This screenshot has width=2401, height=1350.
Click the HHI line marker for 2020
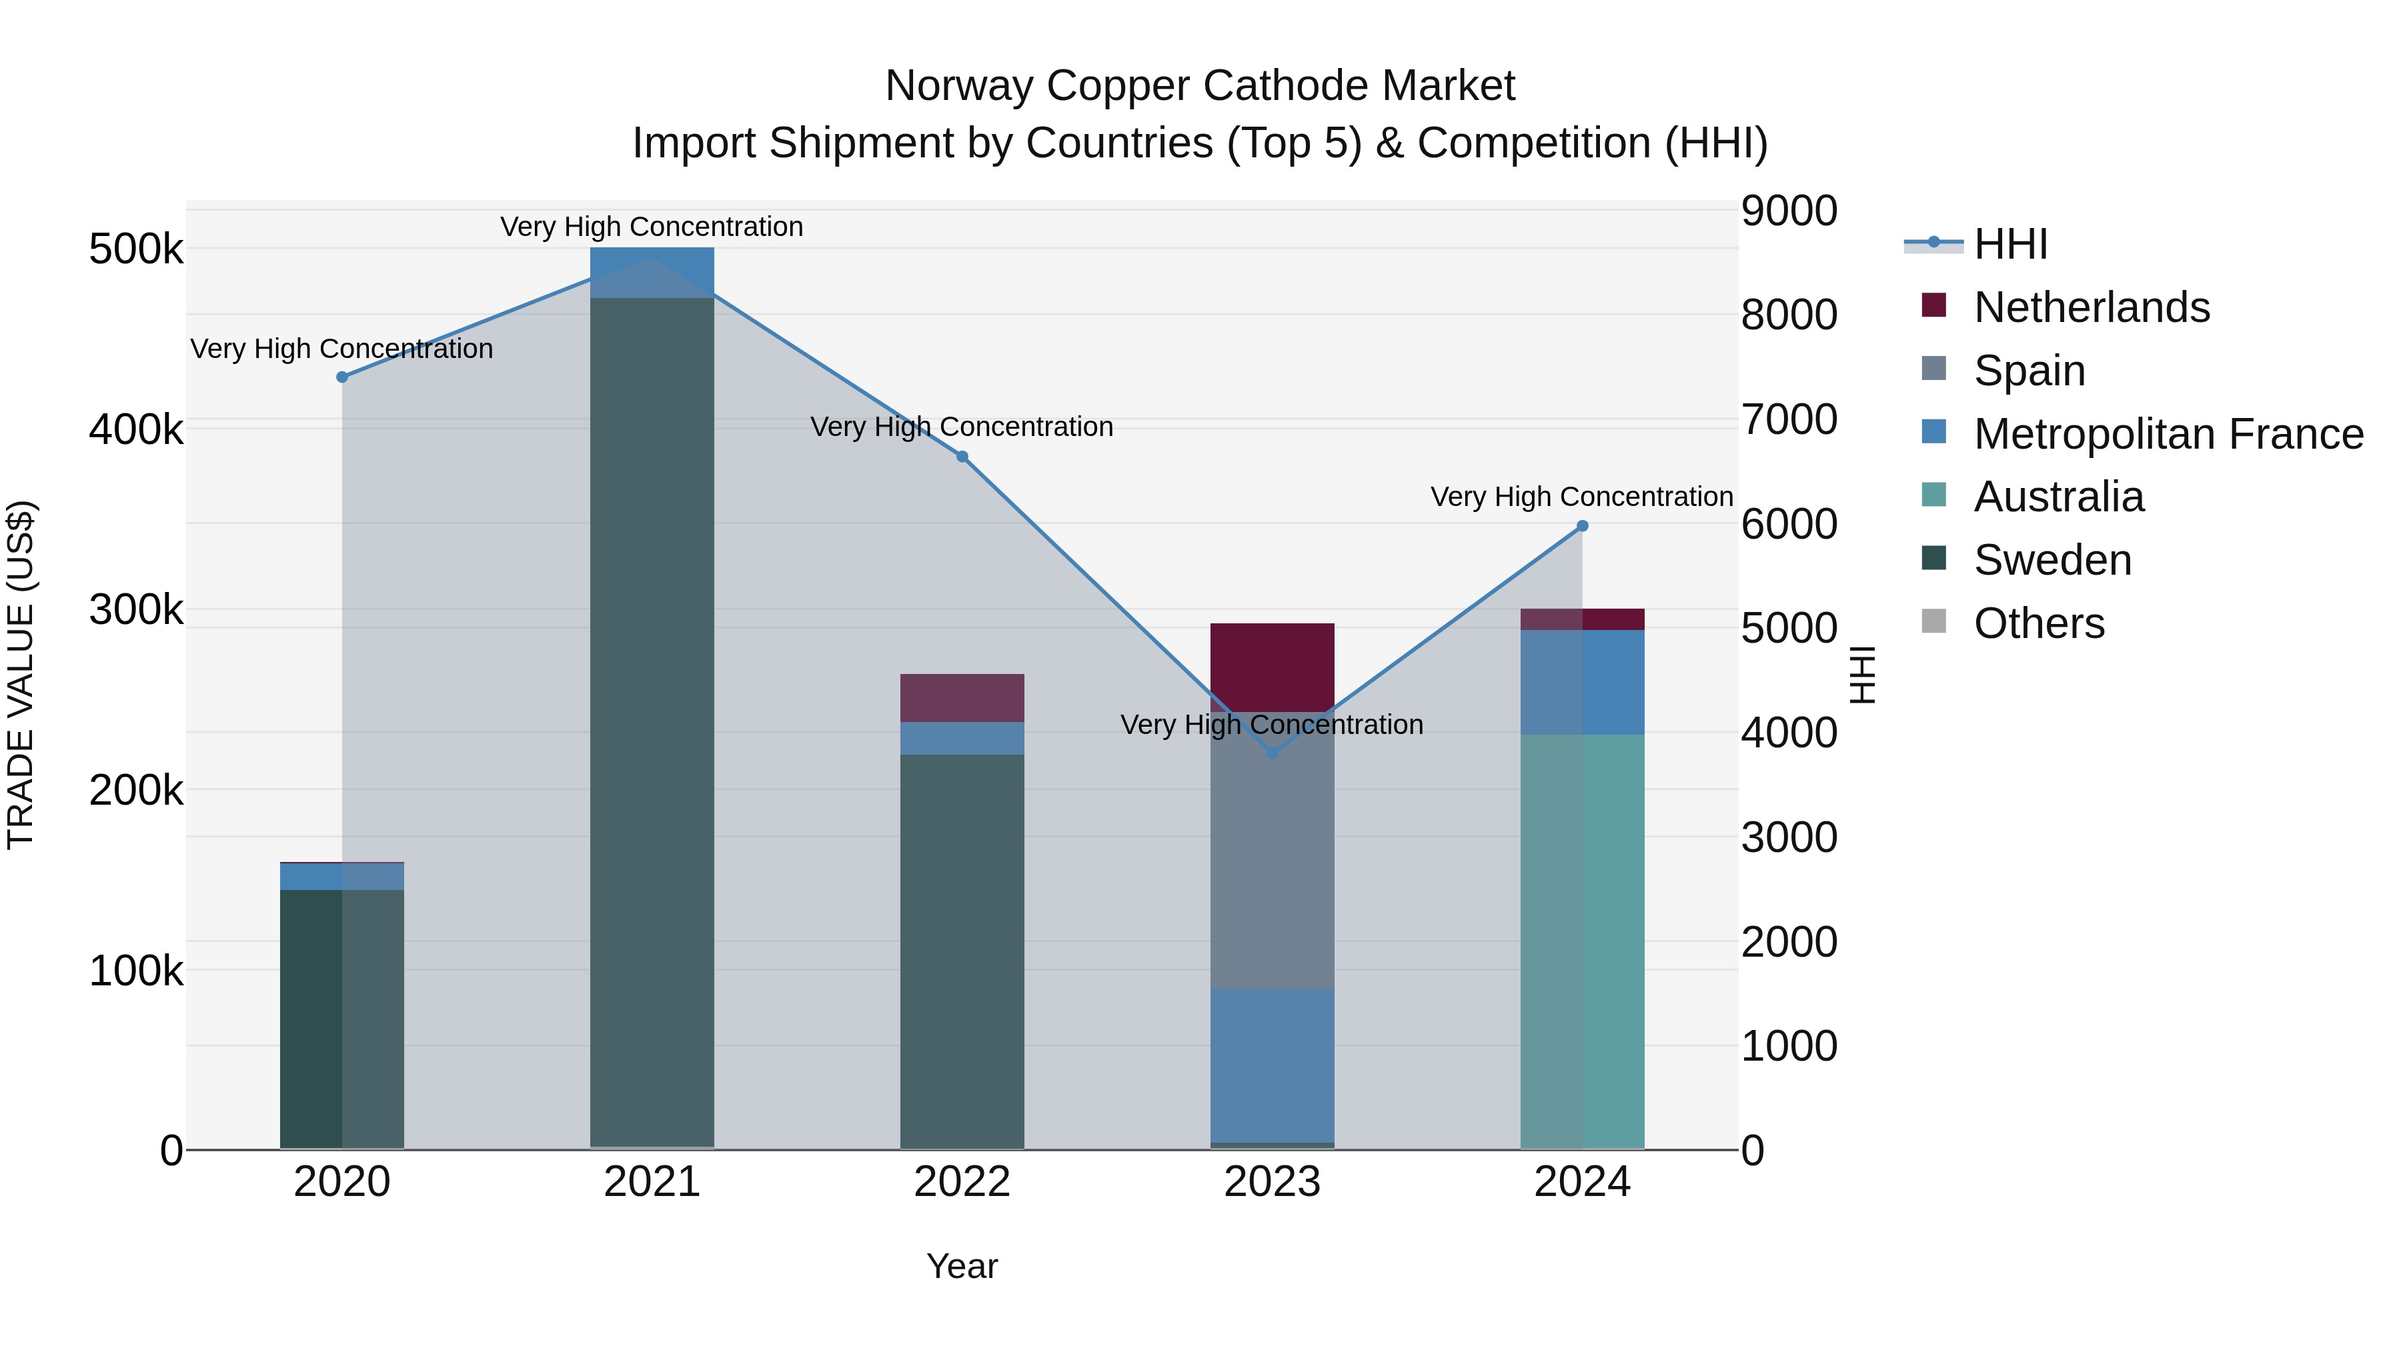[x=342, y=377]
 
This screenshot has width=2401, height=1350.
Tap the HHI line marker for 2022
[x=962, y=457]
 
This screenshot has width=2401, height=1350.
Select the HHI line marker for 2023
[x=1273, y=753]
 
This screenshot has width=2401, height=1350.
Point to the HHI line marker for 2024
[x=1582, y=527]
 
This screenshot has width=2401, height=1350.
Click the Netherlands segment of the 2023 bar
[x=1273, y=666]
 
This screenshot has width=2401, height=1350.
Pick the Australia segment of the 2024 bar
[x=1582, y=941]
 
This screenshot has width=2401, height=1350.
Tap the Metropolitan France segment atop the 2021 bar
[x=652, y=273]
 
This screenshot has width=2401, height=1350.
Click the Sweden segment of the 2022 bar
[x=962, y=950]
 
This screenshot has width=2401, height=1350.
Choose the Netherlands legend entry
[x=2091, y=307]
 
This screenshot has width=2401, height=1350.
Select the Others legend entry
[x=2038, y=623]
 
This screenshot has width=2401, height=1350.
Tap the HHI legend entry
[x=2010, y=244]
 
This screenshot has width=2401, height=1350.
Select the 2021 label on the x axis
[x=652, y=1182]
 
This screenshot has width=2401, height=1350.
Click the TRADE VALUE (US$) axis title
[x=21, y=675]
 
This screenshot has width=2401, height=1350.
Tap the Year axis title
[x=962, y=1266]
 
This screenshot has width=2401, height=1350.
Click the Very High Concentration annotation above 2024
[x=1582, y=497]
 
